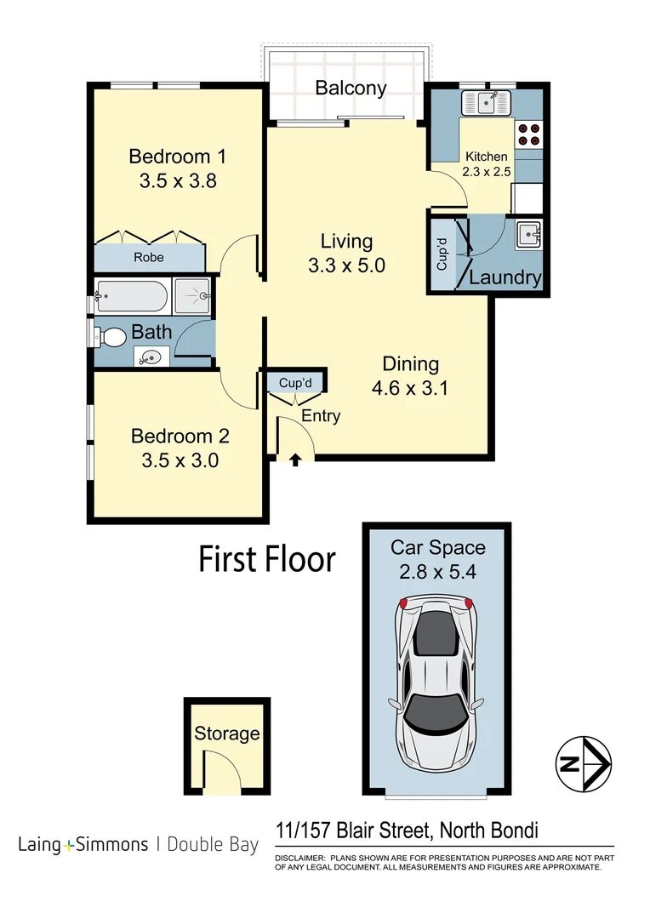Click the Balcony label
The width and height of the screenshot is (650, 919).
point(351,88)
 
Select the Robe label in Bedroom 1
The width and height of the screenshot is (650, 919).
point(149,257)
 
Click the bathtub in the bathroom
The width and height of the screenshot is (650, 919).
point(131,297)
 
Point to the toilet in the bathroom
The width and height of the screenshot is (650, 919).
point(110,337)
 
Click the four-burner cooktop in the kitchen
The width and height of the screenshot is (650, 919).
point(528,134)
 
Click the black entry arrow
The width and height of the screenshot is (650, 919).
point(295,460)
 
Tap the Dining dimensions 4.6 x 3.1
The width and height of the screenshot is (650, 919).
point(410,389)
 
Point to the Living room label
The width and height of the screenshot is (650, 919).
point(346,241)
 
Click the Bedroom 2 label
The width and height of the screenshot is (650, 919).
point(180,437)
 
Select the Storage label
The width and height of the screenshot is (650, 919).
point(226,733)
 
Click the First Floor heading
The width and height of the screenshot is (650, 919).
point(267,560)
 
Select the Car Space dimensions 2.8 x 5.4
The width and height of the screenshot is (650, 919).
point(437,573)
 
